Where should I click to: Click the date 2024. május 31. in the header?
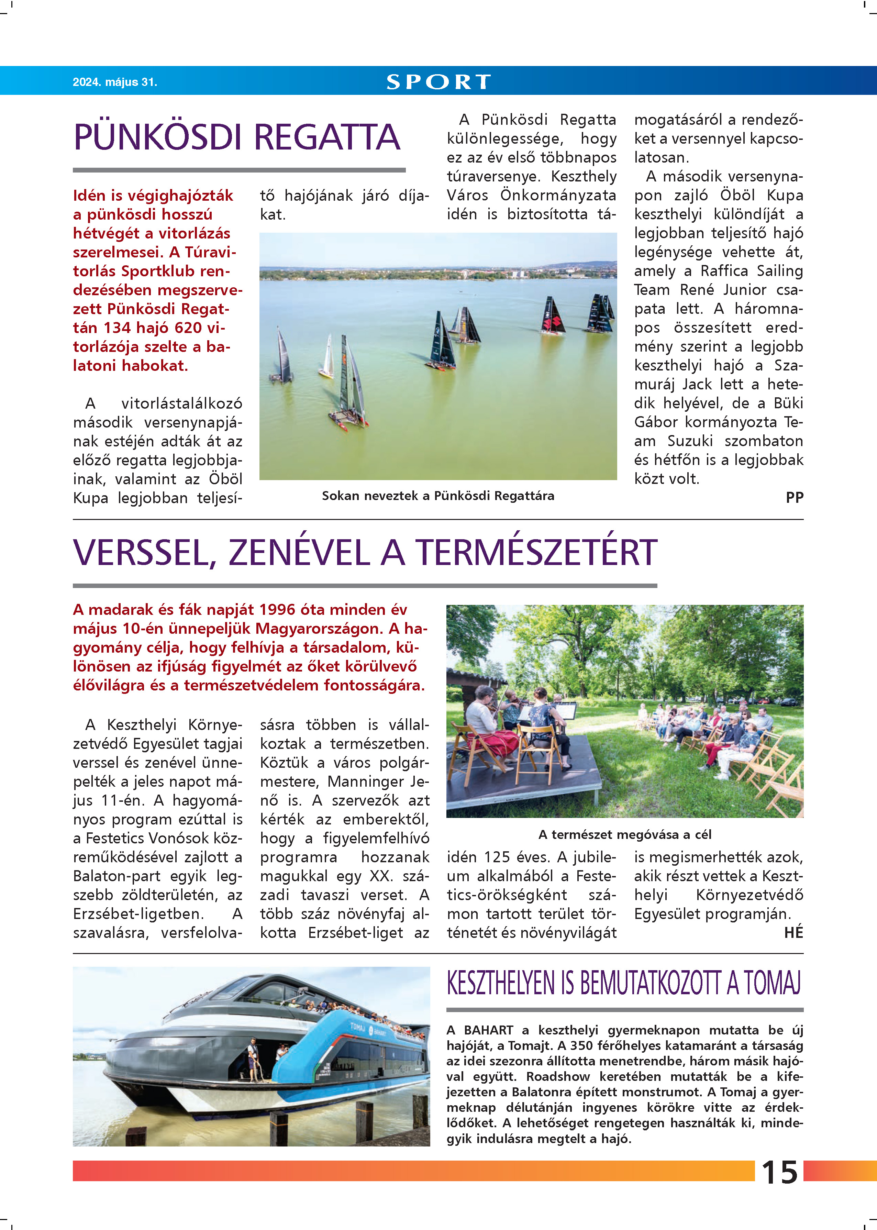pyautogui.click(x=114, y=82)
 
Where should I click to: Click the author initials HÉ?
pyautogui.click(x=793, y=932)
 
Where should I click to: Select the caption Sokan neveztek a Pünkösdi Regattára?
pyautogui.click(x=438, y=496)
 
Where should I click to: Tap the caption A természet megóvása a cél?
pyautogui.click(x=624, y=834)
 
